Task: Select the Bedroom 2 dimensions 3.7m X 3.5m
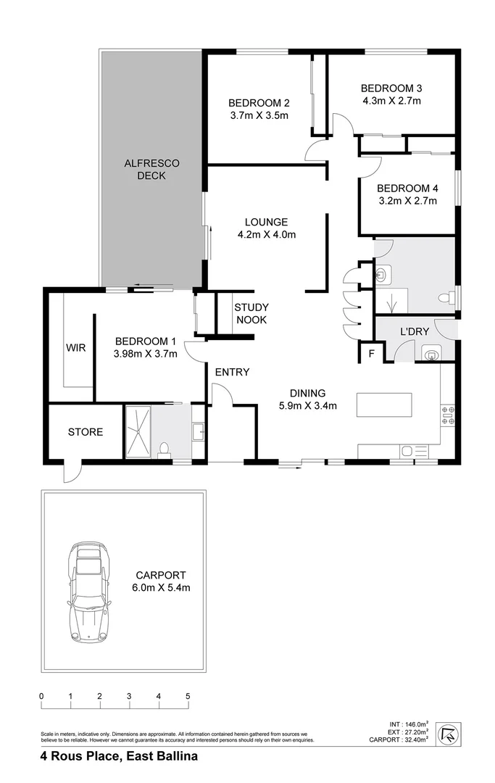coord(259,115)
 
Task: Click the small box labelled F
coord(372,354)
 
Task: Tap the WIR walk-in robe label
coord(76,348)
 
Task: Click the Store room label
coord(86,432)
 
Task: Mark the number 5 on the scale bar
coord(188,697)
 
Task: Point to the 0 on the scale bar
coord(42,697)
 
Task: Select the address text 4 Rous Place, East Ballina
coord(119,756)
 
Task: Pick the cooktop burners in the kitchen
coord(447,415)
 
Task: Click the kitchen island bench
coord(383,404)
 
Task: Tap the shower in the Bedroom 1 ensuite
coord(138,431)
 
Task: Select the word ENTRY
coord(232,373)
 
